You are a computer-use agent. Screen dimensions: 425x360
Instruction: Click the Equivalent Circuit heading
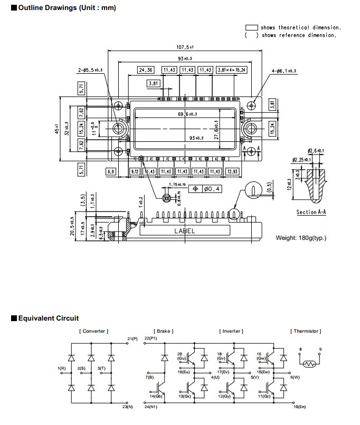click(48, 318)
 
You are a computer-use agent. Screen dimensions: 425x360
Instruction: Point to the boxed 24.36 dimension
click(146, 70)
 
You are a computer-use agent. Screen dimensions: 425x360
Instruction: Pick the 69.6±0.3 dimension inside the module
click(184, 114)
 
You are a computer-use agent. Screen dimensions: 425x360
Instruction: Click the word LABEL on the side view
click(185, 231)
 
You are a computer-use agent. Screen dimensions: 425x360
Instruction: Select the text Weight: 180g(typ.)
click(301, 238)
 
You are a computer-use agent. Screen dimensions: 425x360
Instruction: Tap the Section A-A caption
click(311, 212)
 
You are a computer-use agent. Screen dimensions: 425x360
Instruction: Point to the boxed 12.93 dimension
click(232, 171)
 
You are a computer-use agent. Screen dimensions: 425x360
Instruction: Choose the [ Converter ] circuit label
click(93, 331)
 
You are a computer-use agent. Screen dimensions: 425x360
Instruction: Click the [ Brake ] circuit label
click(164, 331)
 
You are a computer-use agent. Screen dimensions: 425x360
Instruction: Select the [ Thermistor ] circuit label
click(306, 331)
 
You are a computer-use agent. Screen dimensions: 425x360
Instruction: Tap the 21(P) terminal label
click(132, 339)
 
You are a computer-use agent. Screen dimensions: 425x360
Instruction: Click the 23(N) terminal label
click(127, 407)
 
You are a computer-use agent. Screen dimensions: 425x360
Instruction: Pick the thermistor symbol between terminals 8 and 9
click(309, 363)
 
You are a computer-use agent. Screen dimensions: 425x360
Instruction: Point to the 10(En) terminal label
click(299, 407)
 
